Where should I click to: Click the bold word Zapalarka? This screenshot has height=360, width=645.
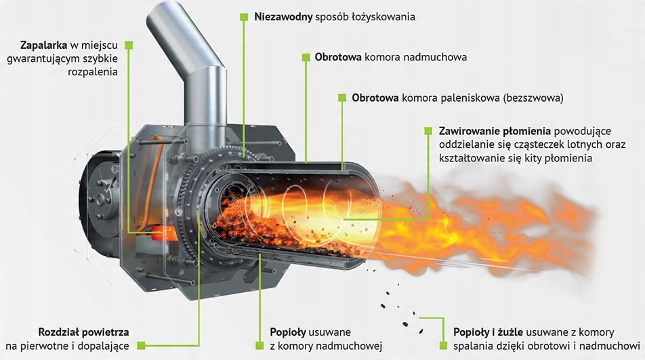point(43,45)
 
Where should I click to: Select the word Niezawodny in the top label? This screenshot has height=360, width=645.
point(283,17)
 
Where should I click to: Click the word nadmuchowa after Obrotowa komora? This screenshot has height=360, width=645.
point(435,57)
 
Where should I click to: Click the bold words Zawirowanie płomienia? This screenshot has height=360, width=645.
point(495,132)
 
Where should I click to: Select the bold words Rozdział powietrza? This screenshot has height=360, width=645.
point(83,332)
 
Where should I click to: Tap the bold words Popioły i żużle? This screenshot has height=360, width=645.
point(488,332)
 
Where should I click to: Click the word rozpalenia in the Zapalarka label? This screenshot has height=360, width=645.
point(93,72)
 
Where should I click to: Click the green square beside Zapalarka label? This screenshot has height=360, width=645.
point(129,45)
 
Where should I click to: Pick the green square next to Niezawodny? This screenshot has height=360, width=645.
point(244,17)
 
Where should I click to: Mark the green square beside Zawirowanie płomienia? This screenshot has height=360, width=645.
point(428,131)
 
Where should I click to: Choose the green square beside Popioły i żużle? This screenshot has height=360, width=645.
point(443,346)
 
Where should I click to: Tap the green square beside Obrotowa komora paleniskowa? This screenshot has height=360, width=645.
point(342,98)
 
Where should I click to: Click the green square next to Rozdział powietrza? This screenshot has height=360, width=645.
point(141,346)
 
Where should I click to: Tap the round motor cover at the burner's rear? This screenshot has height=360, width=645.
point(99,197)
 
